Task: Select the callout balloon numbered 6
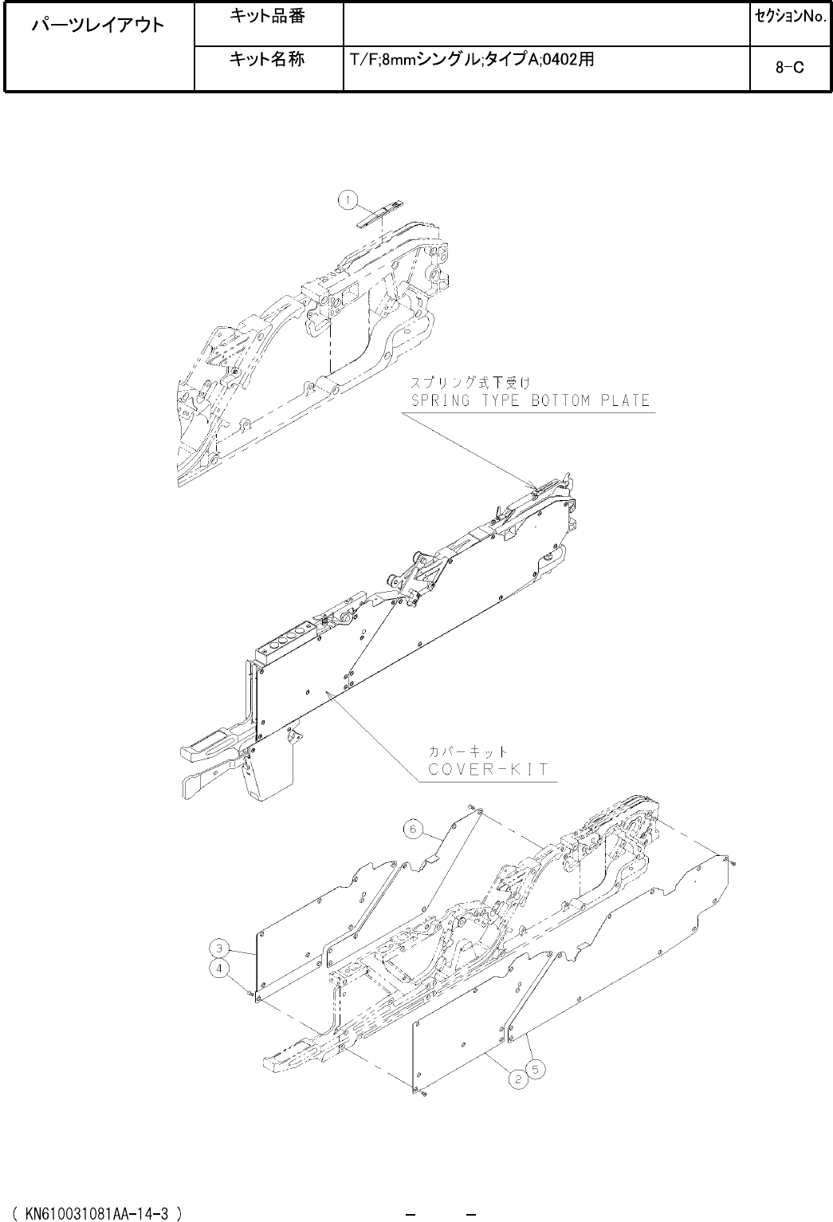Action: (412, 830)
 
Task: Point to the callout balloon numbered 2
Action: (518, 1080)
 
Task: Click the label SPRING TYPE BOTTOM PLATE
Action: (529, 400)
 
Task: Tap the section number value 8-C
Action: (789, 68)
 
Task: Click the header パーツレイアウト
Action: (98, 25)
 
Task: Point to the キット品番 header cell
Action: (267, 16)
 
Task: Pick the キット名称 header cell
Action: (267, 59)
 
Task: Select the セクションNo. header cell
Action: (789, 16)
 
